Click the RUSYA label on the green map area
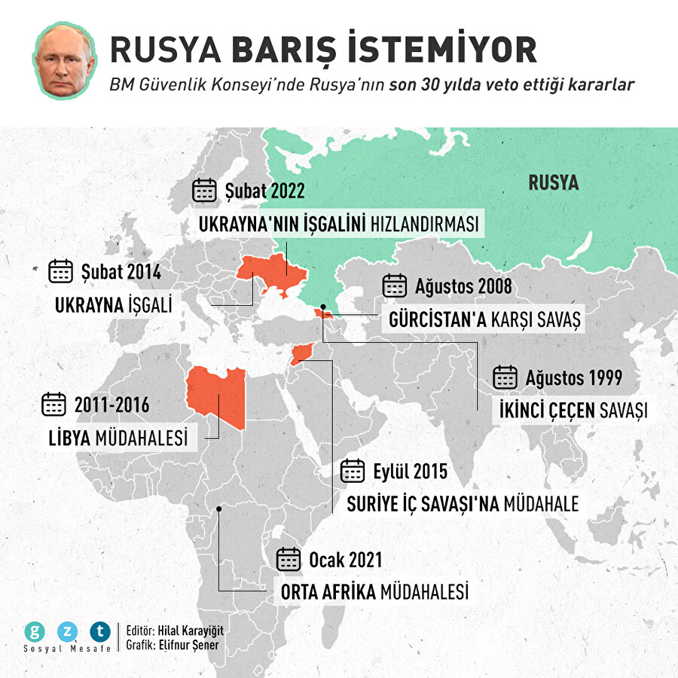pyautogui.click(x=553, y=183)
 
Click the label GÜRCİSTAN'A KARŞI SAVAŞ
pyautogui.click(x=485, y=319)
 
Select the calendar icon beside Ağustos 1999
pyautogui.click(x=505, y=377)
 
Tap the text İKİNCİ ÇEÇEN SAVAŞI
pyautogui.click(x=573, y=411)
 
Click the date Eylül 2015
pyautogui.click(x=410, y=472)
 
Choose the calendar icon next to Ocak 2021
pyautogui.click(x=289, y=560)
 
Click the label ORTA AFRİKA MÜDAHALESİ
pyautogui.click(x=374, y=592)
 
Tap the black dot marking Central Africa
pyautogui.click(x=218, y=509)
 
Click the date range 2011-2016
pyautogui.click(x=111, y=405)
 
